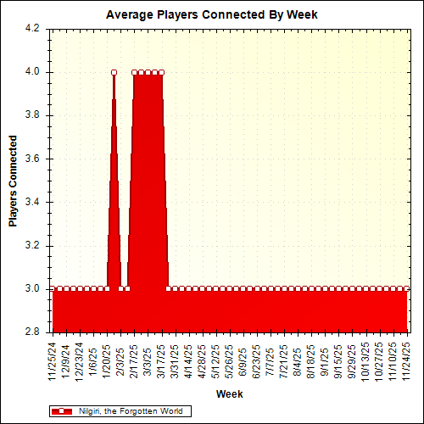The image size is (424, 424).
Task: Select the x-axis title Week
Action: click(229, 394)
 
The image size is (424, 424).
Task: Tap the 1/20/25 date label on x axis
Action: click(107, 361)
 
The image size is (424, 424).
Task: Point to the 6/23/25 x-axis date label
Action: click(256, 361)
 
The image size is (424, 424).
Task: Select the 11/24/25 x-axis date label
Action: click(406, 360)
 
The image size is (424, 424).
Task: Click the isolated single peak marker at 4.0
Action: click(114, 72)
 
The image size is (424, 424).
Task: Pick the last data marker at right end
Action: click(406, 289)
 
